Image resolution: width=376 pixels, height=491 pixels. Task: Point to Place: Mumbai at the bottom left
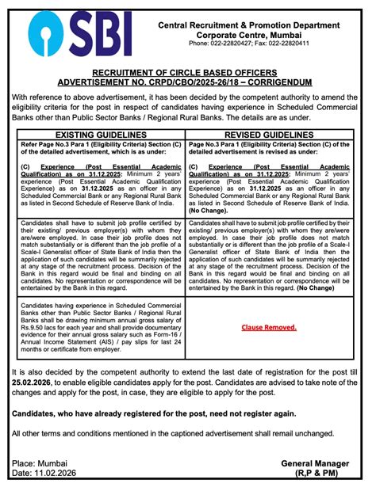pyautogui.click(x=40, y=462)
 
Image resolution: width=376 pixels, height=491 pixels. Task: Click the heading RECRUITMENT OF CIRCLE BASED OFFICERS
pyautogui.click(x=187, y=72)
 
